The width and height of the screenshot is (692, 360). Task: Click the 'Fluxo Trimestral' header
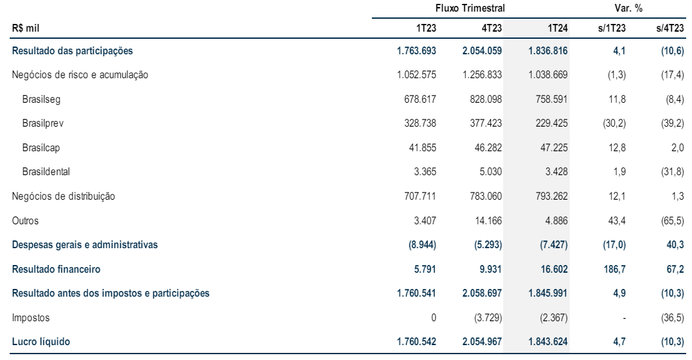click(x=470, y=8)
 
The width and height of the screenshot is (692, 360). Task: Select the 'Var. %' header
click(x=628, y=8)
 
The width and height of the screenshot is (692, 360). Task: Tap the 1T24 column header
click(x=557, y=28)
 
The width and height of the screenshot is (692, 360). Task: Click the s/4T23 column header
click(x=670, y=28)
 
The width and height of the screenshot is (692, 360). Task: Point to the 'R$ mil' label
click(x=26, y=28)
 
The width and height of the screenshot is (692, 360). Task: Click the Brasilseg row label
click(x=41, y=100)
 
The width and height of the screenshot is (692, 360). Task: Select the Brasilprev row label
click(x=43, y=123)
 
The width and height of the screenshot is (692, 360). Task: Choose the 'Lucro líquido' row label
click(x=41, y=341)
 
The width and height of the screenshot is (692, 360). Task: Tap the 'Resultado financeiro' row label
click(x=56, y=269)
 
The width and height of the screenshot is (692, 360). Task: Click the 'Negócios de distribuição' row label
click(x=63, y=196)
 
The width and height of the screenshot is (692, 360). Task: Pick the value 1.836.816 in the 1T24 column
click(x=548, y=50)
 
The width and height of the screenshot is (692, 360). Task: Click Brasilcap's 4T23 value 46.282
click(x=488, y=148)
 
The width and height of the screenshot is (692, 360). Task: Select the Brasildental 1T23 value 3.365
click(x=425, y=172)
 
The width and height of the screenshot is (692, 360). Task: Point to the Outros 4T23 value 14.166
click(x=488, y=220)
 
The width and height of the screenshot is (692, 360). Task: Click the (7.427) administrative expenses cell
click(x=554, y=245)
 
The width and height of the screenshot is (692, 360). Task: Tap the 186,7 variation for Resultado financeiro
click(x=615, y=269)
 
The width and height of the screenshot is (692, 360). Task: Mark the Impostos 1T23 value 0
click(x=433, y=317)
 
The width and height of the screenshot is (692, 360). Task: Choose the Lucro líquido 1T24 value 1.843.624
click(x=548, y=341)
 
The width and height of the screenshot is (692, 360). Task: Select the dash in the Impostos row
click(x=623, y=318)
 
